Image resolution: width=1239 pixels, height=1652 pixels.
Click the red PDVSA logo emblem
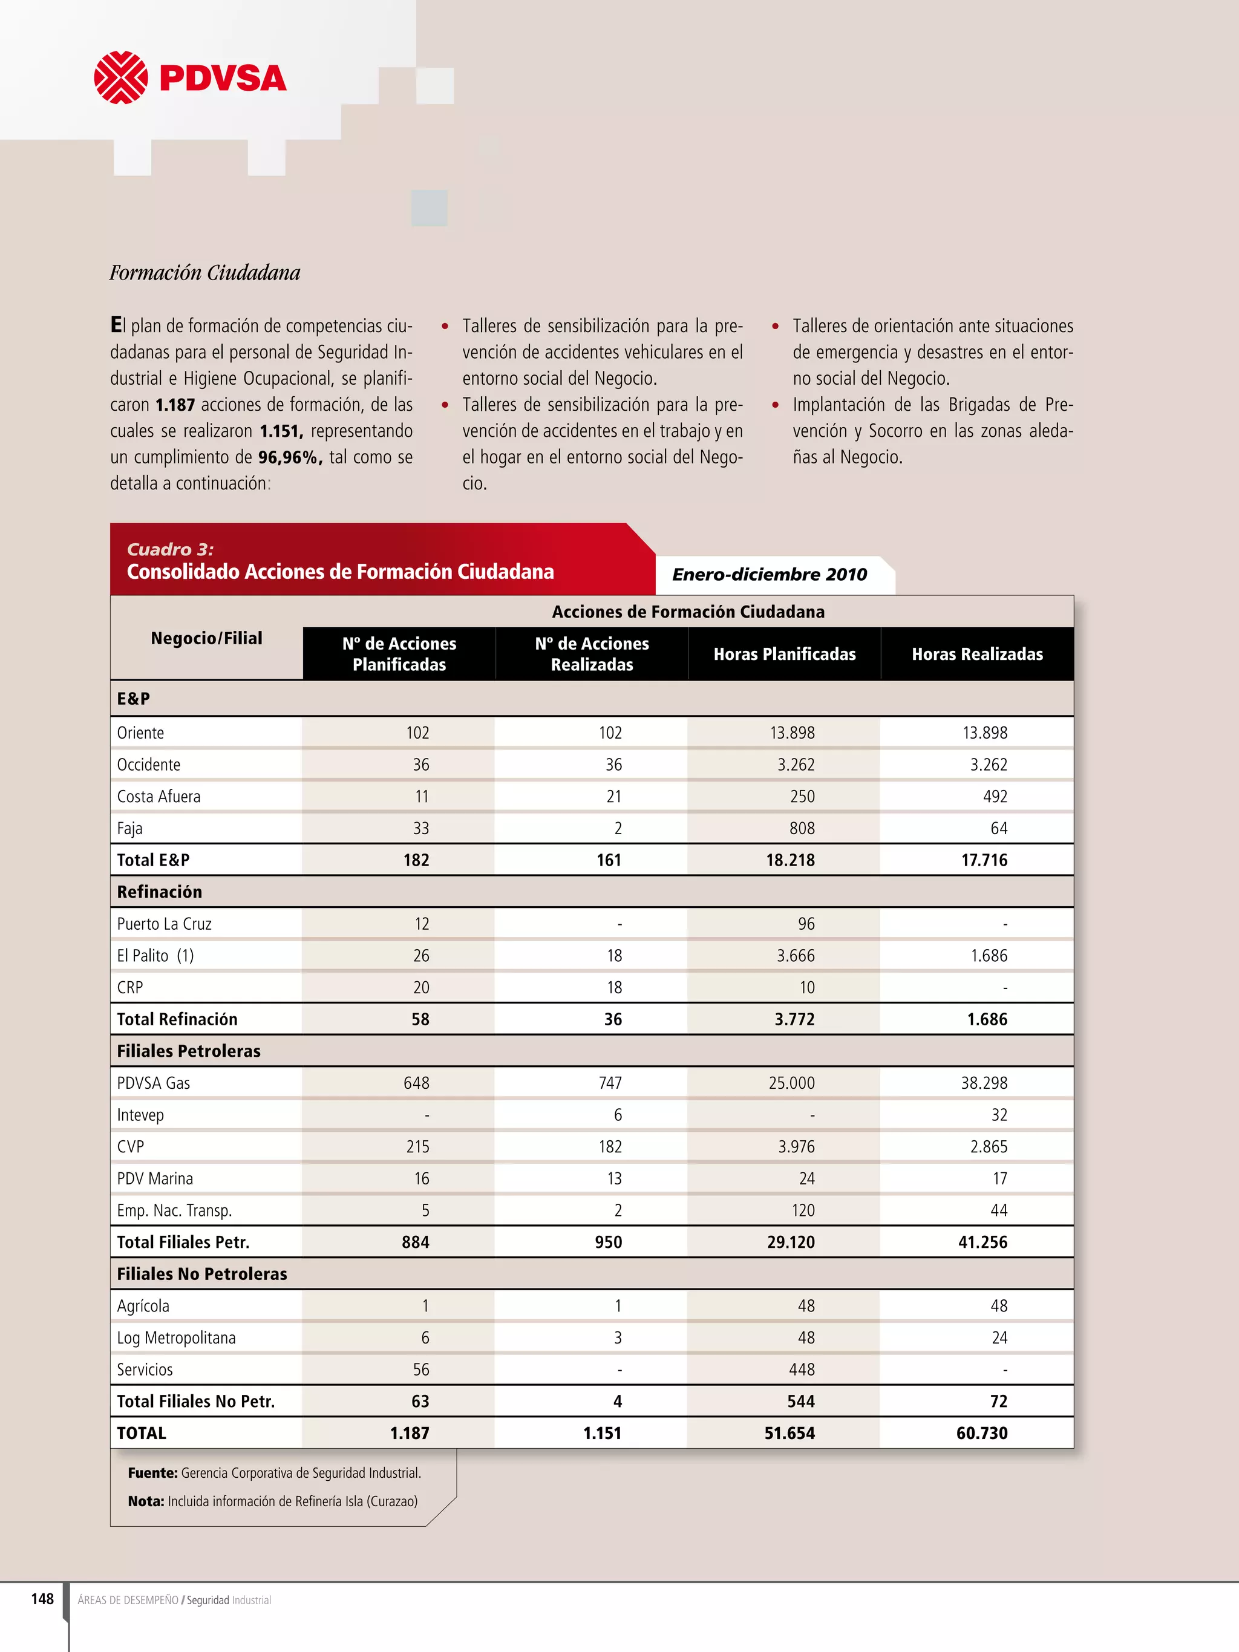pyautogui.click(x=120, y=77)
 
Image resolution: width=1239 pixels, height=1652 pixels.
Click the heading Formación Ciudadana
pyautogui.click(x=204, y=273)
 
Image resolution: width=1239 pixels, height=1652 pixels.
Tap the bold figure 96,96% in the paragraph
pyautogui.click(x=290, y=457)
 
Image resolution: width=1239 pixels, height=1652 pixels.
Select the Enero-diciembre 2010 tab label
pyautogui.click(x=770, y=574)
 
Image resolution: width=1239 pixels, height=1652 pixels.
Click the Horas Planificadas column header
pyautogui.click(x=784, y=655)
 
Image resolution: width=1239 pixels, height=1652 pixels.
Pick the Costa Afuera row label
pyautogui.click(x=159, y=796)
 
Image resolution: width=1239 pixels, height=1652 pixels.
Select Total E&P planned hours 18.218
pyautogui.click(x=790, y=860)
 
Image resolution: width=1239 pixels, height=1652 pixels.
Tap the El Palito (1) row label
pyautogui.click(x=155, y=956)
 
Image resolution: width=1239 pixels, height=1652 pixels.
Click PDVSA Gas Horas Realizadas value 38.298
pyautogui.click(x=984, y=1083)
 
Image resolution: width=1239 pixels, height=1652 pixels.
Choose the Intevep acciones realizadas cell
pyautogui.click(x=618, y=1115)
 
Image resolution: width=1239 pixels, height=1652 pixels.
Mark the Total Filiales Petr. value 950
pyautogui.click(x=608, y=1242)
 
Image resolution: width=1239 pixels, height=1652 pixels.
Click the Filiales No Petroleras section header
pyautogui.click(x=201, y=1274)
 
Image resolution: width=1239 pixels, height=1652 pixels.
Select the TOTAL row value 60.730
pyautogui.click(x=981, y=1433)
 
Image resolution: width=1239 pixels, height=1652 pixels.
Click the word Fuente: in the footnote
pyautogui.click(x=152, y=1473)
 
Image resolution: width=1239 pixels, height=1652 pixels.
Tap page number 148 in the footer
pyautogui.click(x=42, y=1599)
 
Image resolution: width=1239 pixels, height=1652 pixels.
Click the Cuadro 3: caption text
pyautogui.click(x=170, y=550)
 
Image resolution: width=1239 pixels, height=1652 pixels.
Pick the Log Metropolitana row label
pyautogui.click(x=176, y=1337)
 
